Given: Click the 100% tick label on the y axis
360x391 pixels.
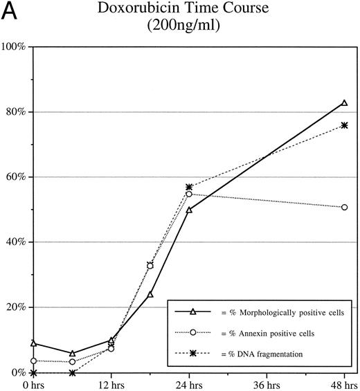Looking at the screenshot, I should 13,46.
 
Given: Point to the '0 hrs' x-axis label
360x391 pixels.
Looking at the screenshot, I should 33,383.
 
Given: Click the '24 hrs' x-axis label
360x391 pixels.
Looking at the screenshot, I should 189,383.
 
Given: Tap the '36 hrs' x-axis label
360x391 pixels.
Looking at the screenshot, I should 267,383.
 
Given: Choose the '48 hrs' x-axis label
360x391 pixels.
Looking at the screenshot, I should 343,383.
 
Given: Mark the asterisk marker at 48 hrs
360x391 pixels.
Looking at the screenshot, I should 344,125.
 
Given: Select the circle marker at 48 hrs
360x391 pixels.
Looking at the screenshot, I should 344,207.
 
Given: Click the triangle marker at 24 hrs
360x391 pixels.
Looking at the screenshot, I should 189,209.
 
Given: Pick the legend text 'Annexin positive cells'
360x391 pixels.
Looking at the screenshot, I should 263,334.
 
